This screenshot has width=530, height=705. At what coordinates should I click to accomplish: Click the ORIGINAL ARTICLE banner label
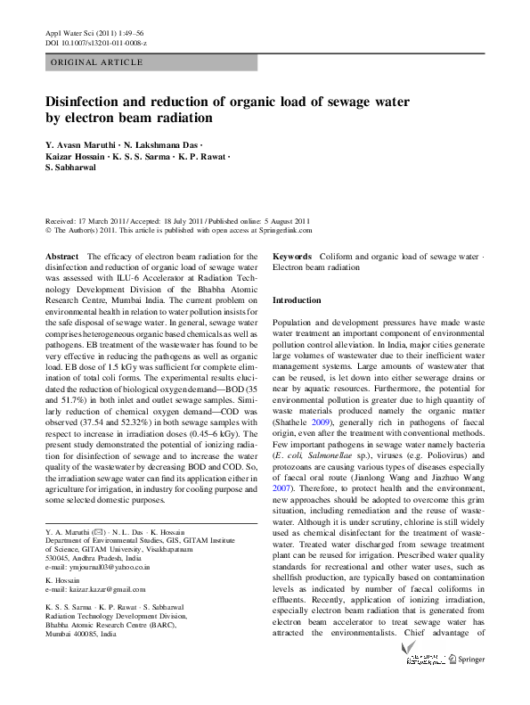tap(97, 62)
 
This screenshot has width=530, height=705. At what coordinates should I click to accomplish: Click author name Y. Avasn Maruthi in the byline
tap(82, 144)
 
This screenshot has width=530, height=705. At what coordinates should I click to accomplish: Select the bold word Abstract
tap(61, 257)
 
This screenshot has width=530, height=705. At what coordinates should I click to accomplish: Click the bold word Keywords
tap(292, 257)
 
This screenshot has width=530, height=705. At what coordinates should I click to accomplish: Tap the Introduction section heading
tap(297, 300)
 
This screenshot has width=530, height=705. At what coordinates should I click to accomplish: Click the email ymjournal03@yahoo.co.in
tap(98, 567)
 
